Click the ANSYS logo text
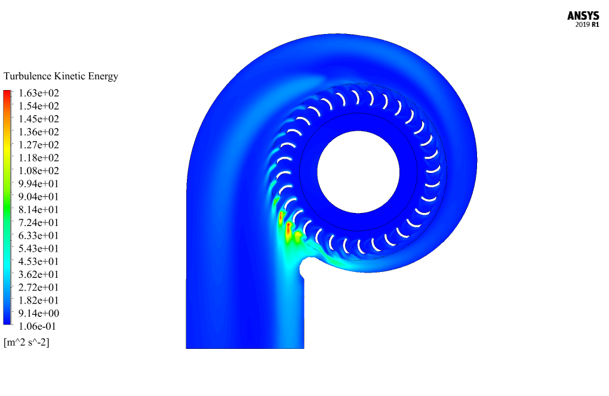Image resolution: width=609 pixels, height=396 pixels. [x=583, y=16]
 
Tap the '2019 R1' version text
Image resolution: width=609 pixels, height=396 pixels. [x=587, y=24]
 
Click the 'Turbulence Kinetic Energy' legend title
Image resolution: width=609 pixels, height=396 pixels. [x=61, y=76]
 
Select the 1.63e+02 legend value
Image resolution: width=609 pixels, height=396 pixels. [x=39, y=93]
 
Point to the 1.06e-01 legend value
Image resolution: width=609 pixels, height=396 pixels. [x=37, y=326]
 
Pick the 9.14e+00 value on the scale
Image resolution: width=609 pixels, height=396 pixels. [x=39, y=313]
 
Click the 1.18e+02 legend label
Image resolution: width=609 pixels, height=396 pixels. [x=39, y=158]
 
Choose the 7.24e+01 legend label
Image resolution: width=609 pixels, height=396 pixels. [x=39, y=222]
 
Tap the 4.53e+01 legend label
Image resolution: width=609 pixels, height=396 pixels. [x=39, y=261]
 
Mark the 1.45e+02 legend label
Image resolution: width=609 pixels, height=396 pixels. [x=39, y=119]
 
